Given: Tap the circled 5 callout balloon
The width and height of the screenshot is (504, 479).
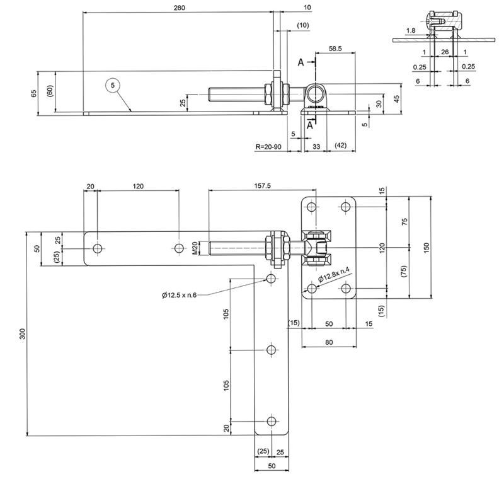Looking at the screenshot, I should pyautogui.click(x=113, y=84).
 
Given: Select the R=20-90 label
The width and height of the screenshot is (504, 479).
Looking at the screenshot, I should pyautogui.click(x=268, y=146).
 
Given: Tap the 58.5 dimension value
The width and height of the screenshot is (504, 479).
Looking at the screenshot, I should pyautogui.click(x=335, y=48).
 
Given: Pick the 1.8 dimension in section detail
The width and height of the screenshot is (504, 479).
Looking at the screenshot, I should pyautogui.click(x=411, y=30).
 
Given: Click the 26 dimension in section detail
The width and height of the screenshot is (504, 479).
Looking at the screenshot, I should pyautogui.click(x=445, y=52).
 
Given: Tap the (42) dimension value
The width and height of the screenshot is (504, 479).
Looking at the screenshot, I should pyautogui.click(x=341, y=146).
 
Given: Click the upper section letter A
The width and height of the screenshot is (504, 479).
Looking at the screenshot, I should pyautogui.click(x=301, y=62).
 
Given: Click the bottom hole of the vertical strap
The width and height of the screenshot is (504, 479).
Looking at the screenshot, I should pyautogui.click(x=272, y=421).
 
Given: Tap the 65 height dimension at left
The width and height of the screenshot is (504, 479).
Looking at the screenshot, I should pyautogui.click(x=34, y=93).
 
